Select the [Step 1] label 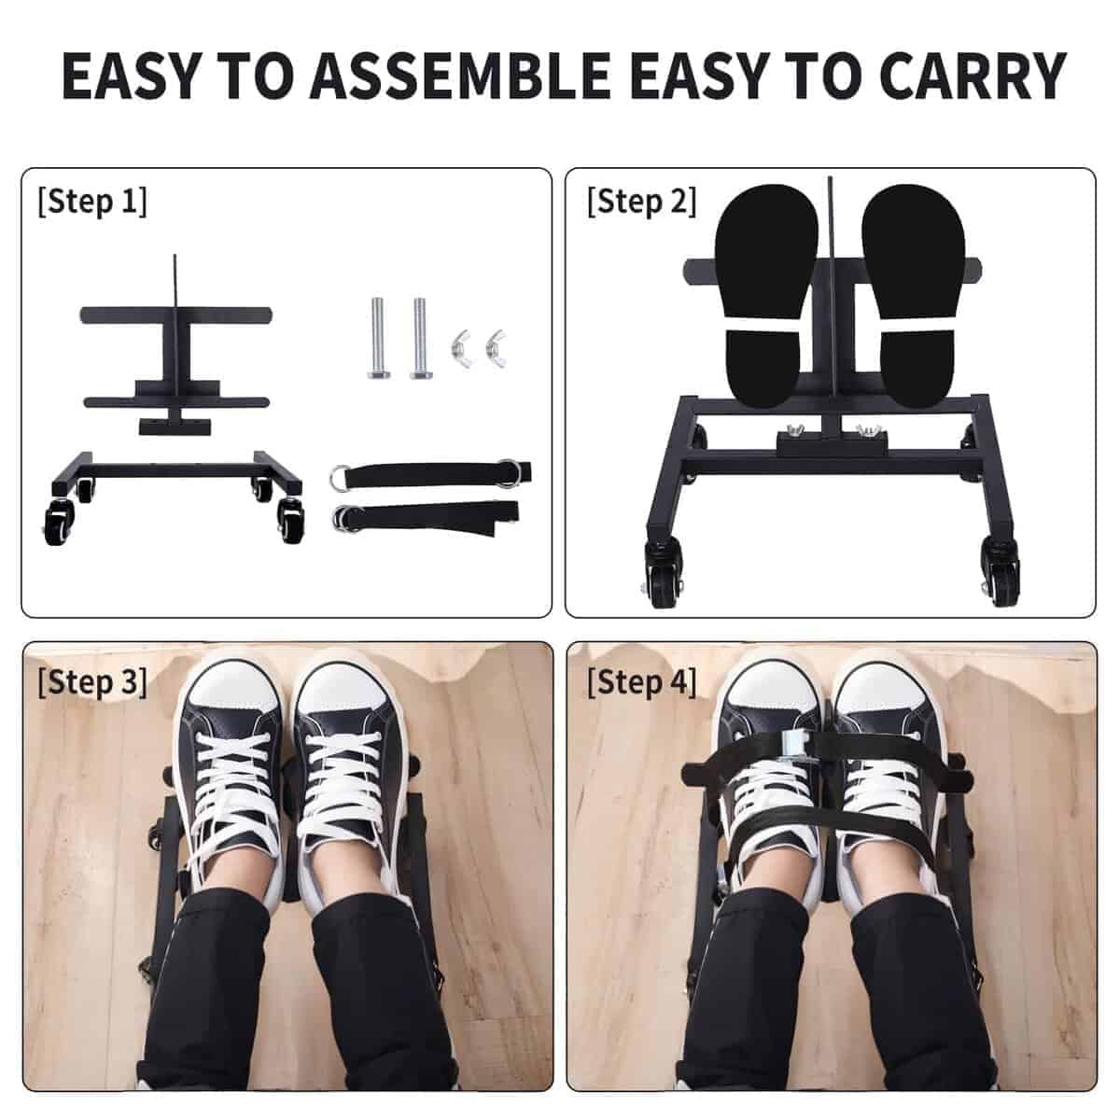click(x=92, y=202)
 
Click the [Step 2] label click(x=641, y=202)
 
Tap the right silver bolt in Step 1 click(x=421, y=338)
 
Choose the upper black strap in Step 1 click(x=430, y=471)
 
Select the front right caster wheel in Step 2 click(x=1001, y=572)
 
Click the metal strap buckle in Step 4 click(x=794, y=742)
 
